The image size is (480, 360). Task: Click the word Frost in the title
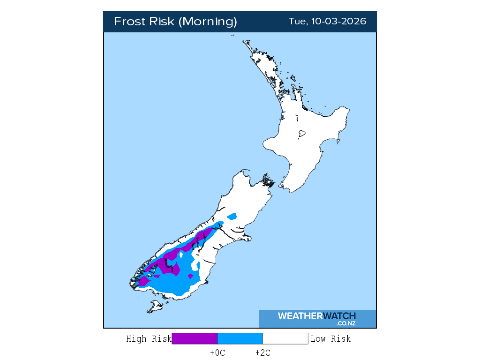(x=129, y=22)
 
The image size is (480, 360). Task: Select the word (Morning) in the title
(x=208, y=22)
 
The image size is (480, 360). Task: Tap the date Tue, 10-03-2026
(x=327, y=22)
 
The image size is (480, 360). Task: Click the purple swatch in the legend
(x=195, y=338)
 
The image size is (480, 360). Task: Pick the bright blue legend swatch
(x=240, y=338)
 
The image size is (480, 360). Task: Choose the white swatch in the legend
(x=285, y=338)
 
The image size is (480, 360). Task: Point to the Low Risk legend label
(x=330, y=339)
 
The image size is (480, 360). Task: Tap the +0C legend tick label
(x=217, y=353)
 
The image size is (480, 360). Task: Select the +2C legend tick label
(x=262, y=353)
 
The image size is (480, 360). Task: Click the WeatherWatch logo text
(x=316, y=316)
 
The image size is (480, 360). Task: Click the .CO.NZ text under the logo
(x=345, y=323)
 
